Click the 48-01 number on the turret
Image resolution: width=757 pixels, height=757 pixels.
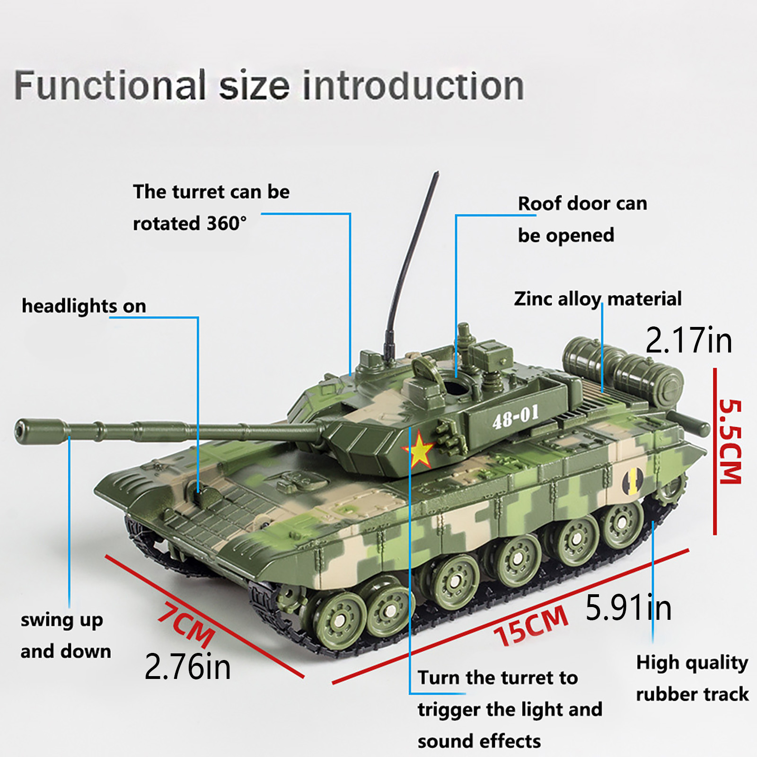[515, 416]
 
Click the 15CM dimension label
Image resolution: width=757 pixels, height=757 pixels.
[531, 625]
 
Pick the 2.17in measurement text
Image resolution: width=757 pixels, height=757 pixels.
[689, 340]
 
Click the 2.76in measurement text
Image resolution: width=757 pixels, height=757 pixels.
[187, 667]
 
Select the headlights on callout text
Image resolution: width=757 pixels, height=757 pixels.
[84, 306]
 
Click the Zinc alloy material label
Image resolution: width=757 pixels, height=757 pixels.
[598, 299]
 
